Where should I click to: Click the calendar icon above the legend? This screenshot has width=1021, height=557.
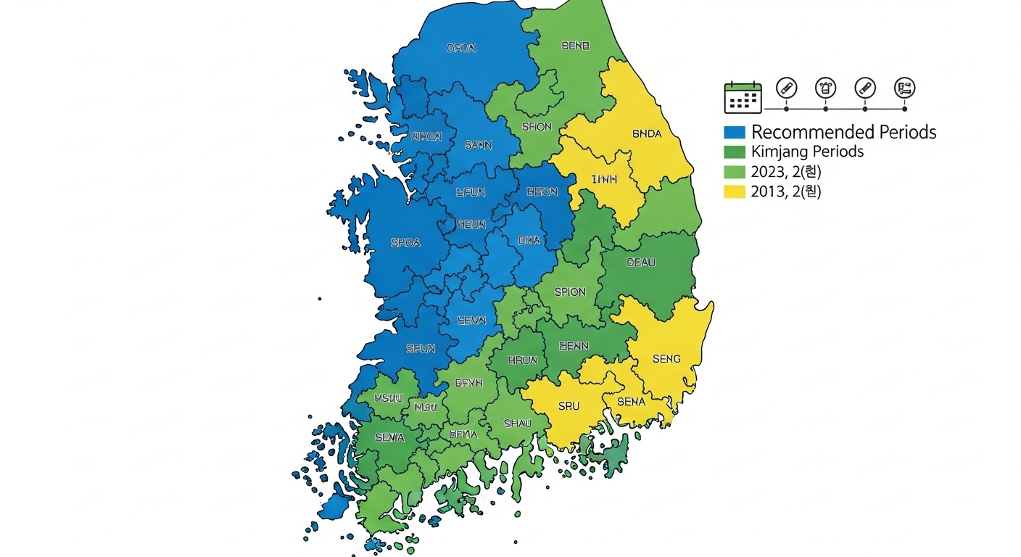(743, 97)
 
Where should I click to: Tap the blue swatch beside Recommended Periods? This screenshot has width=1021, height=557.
(735, 132)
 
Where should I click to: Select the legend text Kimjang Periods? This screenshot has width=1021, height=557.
(807, 152)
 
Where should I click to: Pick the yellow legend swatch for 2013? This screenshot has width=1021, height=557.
(735, 191)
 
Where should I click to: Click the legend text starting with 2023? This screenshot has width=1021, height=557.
(786, 172)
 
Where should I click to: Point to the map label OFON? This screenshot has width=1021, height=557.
(461, 49)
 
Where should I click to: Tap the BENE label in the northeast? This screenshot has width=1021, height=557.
(576, 46)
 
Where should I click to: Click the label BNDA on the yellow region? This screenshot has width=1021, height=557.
(647, 134)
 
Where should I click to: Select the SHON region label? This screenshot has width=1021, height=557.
(537, 127)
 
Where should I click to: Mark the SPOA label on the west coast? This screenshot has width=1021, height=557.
(405, 243)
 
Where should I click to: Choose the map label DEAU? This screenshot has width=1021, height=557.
(640, 263)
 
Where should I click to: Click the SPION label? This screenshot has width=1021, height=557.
(570, 292)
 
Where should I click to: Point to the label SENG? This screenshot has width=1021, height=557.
(666, 359)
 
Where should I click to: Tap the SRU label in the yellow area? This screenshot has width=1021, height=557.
(569, 406)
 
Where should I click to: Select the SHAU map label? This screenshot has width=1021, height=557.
(518, 424)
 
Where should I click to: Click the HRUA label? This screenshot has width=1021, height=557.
(522, 359)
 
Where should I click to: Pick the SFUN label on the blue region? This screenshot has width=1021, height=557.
(421, 349)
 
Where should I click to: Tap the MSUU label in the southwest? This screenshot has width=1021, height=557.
(389, 398)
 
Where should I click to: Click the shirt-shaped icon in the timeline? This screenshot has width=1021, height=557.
(825, 88)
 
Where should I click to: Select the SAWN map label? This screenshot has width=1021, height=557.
(478, 145)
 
